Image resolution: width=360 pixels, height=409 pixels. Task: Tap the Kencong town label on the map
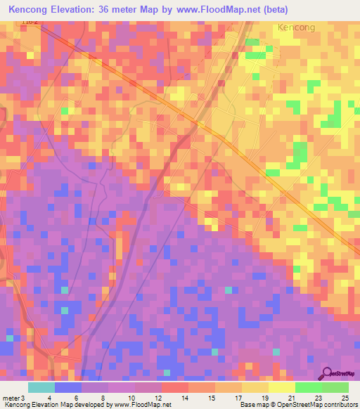(x=296, y=27)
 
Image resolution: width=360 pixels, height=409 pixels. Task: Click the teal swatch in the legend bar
(x=41, y=387)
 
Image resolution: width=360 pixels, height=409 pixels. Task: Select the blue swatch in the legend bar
(x=68, y=387)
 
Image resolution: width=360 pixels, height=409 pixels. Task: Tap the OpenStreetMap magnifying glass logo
(x=326, y=373)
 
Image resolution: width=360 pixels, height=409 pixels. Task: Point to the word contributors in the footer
(x=340, y=405)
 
